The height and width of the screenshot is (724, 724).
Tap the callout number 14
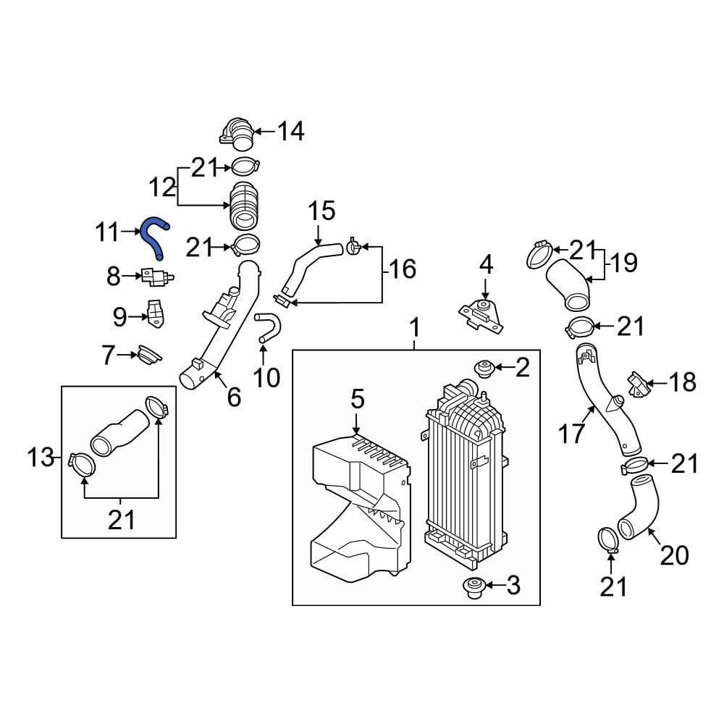point(291,131)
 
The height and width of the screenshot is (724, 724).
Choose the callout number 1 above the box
point(415,328)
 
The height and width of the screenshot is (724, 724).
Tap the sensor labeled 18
point(638,384)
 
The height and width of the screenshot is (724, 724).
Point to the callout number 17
point(572,434)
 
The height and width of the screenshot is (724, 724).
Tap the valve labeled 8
point(157,277)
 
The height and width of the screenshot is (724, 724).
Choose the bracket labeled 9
point(156,313)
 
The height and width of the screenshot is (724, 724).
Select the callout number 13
point(41,458)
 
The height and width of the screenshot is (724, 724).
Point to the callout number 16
point(403,269)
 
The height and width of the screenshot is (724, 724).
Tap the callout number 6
point(234,397)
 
